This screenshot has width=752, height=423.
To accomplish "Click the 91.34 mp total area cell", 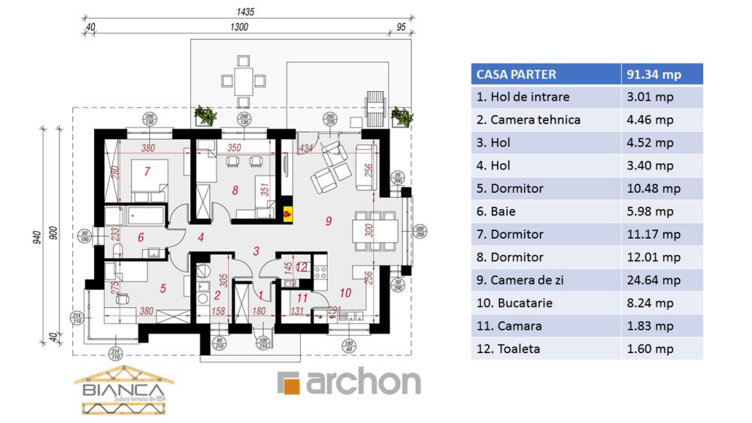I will pos(653,75).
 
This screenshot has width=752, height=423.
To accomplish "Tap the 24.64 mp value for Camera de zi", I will pos(653,280).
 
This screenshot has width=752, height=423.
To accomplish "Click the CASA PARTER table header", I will pos(516,75).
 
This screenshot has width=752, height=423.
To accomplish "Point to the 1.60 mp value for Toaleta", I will pos(653,349).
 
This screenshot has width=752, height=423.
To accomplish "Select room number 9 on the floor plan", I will pos(328,221).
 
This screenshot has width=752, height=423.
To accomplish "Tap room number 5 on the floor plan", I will pos(162,288).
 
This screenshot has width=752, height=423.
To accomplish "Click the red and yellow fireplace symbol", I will pos(287,213).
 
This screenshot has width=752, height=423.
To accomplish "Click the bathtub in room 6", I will pos(144,216).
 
